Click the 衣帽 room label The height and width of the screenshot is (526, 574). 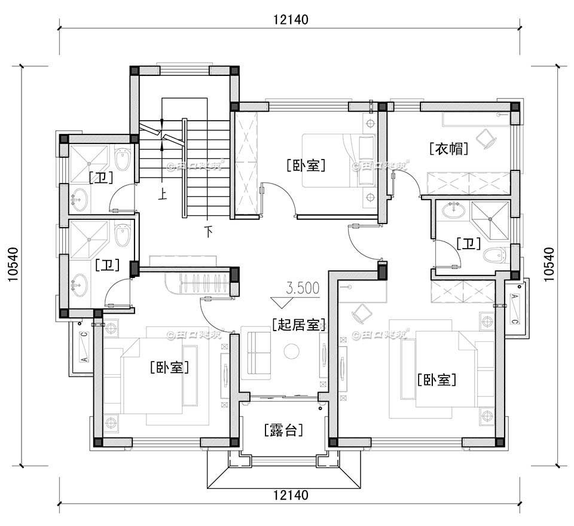coord(448,148)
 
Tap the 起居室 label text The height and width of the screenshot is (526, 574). coord(298,325)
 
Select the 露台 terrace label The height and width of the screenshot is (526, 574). coord(283,430)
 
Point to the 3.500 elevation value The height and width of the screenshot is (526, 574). coord(303,288)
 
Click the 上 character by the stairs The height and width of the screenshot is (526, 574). coord(161,193)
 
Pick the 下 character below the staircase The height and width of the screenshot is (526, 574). coord(208,231)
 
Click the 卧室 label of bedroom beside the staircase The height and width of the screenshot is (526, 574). coord(306,165)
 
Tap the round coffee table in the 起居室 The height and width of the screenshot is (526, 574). coord(291,351)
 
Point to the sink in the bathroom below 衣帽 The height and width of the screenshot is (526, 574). coord(453,209)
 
